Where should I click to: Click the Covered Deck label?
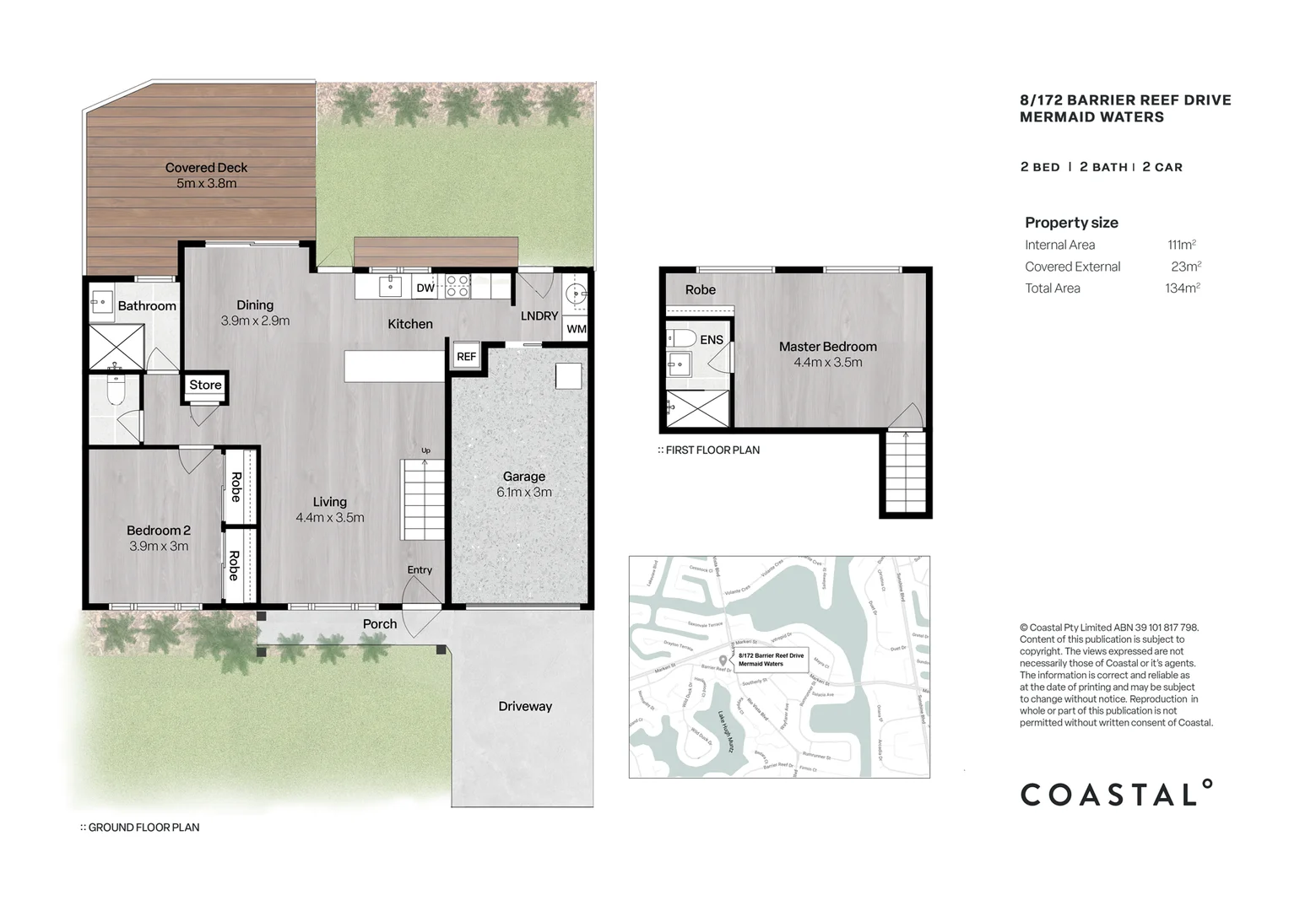pos(206,168)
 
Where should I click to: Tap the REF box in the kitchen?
pos(466,356)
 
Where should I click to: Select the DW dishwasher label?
pos(425,288)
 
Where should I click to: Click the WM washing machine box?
pos(576,329)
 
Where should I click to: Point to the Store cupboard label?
pos(205,385)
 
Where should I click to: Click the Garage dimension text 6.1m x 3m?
pos(523,493)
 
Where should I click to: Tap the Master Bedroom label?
pos(827,347)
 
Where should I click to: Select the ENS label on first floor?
pos(712,340)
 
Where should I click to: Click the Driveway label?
pos(524,707)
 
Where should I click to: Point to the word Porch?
pos(380,624)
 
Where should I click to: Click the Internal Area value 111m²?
pos(1181,245)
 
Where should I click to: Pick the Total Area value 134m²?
pos(1182,288)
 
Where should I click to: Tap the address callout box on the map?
pos(771,660)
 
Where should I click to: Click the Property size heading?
pos(1071,223)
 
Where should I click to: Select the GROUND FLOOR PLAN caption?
pos(140,827)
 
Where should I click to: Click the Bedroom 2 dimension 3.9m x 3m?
pos(159,547)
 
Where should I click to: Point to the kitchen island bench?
pos(393,367)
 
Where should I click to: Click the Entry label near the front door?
pos(420,570)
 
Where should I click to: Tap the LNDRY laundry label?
pos(539,315)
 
